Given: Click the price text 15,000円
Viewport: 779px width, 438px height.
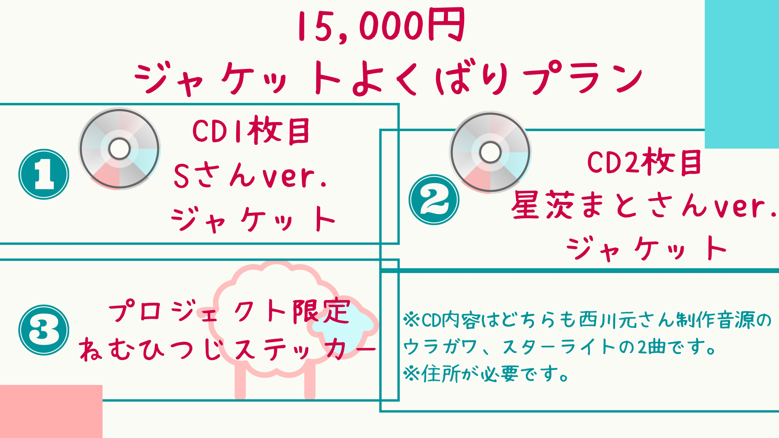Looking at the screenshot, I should pyautogui.click(x=381, y=25).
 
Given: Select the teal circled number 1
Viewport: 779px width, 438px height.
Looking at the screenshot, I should pyautogui.click(x=44, y=174).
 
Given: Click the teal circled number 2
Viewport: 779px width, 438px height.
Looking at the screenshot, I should pyautogui.click(x=434, y=200).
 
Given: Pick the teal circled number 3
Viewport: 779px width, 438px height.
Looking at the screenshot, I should pyautogui.click(x=44, y=330).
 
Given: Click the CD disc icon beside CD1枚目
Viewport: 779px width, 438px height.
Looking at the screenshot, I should pyautogui.click(x=119, y=149).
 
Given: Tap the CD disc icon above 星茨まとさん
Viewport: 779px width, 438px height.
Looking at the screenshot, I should pyautogui.click(x=490, y=152).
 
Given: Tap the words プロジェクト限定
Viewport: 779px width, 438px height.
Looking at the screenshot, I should pyautogui.click(x=229, y=312).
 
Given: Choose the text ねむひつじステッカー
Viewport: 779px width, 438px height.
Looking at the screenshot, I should pyautogui.click(x=227, y=350).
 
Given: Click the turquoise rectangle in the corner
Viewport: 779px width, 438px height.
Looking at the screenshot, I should pyautogui.click(x=742, y=74).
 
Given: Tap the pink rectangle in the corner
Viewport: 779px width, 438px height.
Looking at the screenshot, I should pyautogui.click(x=51, y=411).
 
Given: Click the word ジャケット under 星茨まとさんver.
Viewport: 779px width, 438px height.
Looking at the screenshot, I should pyautogui.click(x=647, y=248).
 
